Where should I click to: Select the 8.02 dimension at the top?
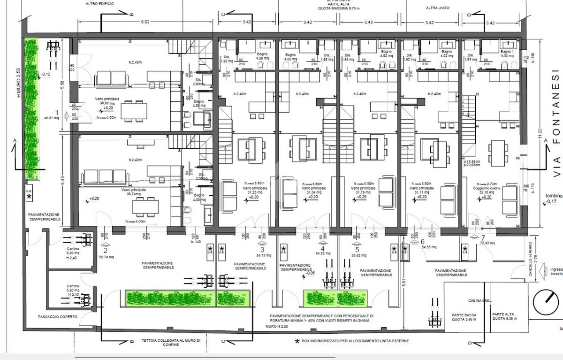[145, 22]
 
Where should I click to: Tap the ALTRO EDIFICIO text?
[99, 3]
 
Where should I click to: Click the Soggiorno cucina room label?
[488, 188]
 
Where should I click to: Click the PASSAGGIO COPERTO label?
[58, 317]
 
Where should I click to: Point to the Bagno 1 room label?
[507, 51]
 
